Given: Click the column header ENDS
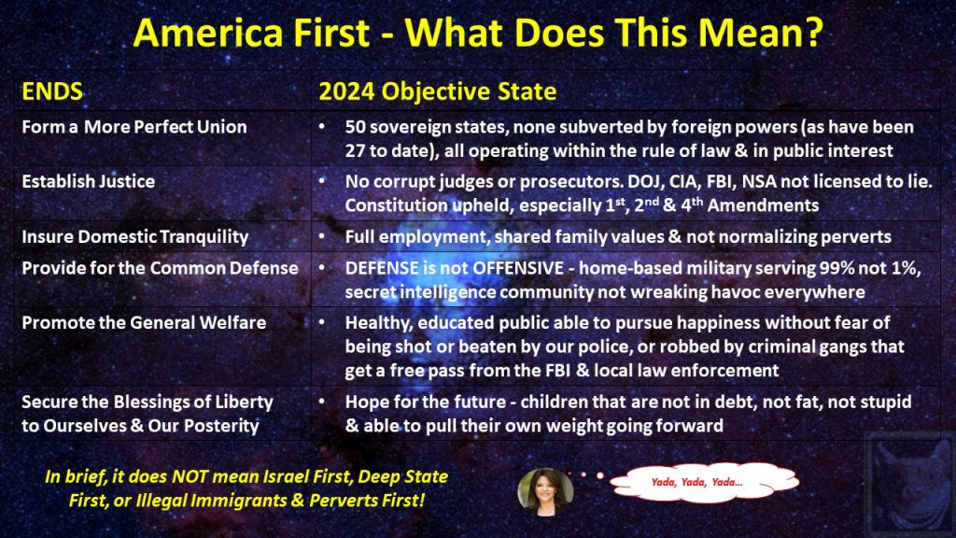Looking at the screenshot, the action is (52, 92).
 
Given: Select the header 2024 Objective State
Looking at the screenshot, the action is (437, 92).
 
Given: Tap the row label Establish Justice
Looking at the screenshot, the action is (89, 181).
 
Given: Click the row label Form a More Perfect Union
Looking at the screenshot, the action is (134, 127).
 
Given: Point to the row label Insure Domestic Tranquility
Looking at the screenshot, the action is (134, 236).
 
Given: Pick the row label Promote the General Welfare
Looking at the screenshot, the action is (144, 322).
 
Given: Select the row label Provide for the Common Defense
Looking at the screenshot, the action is (160, 268).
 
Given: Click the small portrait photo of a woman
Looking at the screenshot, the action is (545, 491).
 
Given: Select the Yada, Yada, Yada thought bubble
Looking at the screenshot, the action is (704, 483).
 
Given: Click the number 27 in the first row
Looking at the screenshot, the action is (354, 150).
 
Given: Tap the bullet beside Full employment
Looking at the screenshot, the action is (322, 236).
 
